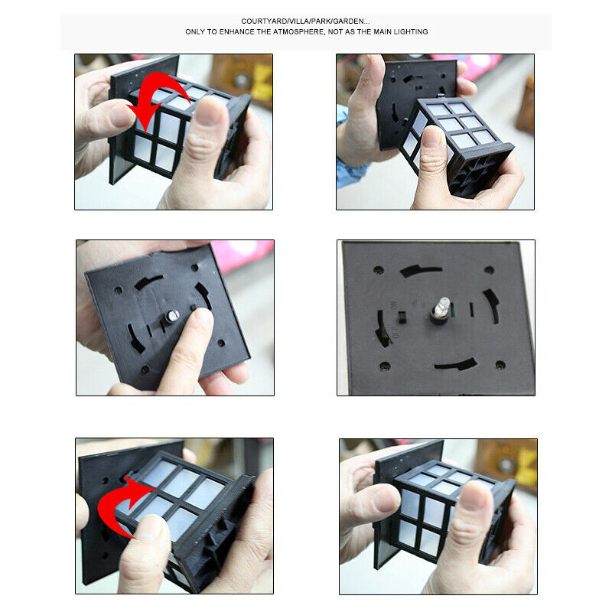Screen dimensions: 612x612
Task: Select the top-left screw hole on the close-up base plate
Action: (x=378, y=270)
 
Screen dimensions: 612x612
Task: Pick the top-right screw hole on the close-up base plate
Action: (x=489, y=270)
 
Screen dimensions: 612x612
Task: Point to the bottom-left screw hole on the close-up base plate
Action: (x=385, y=366)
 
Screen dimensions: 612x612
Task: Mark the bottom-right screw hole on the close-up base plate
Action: (x=500, y=366)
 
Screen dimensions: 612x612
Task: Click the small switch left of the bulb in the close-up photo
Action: (x=401, y=317)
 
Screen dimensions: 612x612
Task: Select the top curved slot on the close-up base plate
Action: (x=420, y=270)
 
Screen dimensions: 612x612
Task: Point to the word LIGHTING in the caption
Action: (x=411, y=32)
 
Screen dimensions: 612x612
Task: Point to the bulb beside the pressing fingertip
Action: (x=172, y=315)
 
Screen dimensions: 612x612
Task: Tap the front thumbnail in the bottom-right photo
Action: (x=473, y=496)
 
